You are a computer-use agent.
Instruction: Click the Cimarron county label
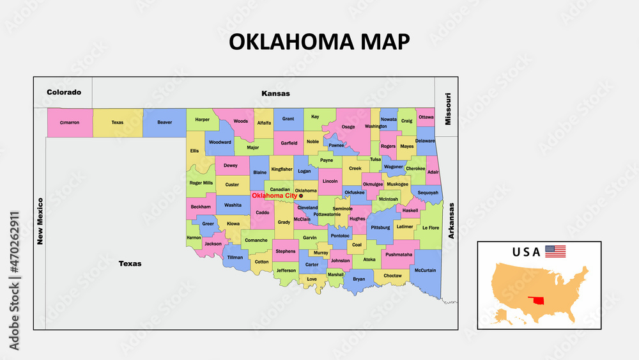click(x=69, y=122)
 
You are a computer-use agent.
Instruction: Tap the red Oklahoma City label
click(x=275, y=196)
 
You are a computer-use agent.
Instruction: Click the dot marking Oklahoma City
click(x=302, y=196)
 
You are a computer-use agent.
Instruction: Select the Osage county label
click(x=348, y=127)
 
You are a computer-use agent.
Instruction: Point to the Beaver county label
click(x=164, y=122)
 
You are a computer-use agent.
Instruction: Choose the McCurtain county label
click(x=425, y=270)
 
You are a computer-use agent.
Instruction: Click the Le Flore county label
click(x=431, y=228)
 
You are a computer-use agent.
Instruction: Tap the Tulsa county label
click(x=375, y=159)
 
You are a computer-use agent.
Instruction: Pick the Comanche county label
click(x=256, y=240)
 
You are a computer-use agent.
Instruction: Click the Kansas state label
click(x=275, y=93)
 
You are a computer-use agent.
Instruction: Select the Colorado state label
click(x=64, y=92)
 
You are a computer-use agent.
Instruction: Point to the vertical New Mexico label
click(x=40, y=221)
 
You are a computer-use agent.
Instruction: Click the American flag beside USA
click(x=555, y=251)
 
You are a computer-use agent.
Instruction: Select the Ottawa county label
click(x=426, y=117)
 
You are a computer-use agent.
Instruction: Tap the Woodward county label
click(x=220, y=142)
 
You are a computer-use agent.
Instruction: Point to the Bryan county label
click(x=358, y=279)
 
